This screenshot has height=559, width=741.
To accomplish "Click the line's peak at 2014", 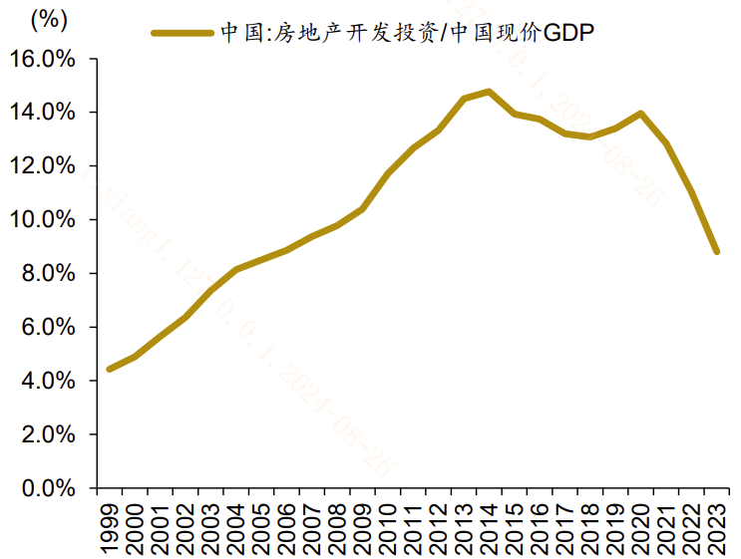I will [489, 92].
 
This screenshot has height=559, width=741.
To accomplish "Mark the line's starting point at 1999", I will [110, 369].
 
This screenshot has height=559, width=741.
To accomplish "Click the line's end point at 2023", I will [716, 251].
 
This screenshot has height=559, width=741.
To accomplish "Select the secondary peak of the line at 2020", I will [640, 114].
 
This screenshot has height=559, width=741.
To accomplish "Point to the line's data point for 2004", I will [235, 269].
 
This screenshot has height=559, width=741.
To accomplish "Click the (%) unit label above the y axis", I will [51, 19].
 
